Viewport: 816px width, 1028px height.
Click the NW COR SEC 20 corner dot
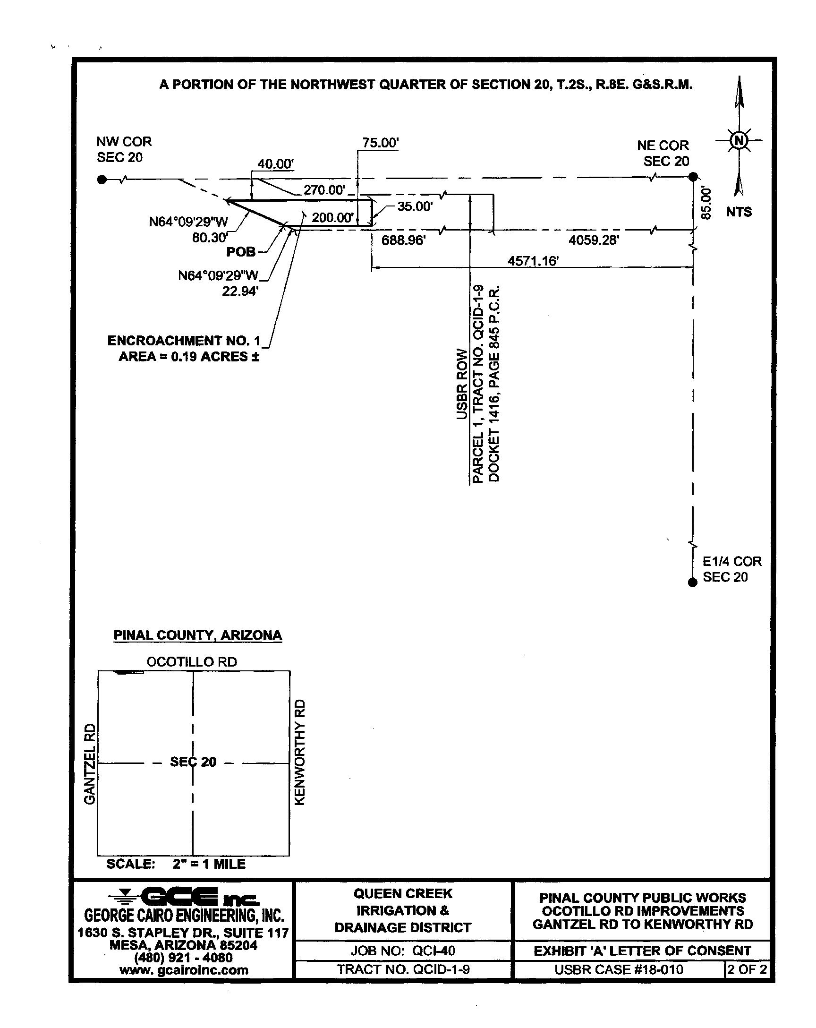(102, 180)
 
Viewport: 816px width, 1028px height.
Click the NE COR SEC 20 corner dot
(693, 177)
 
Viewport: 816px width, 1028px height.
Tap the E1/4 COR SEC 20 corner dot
(693, 582)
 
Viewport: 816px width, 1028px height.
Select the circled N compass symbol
(739, 140)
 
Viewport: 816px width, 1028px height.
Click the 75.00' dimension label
(380, 143)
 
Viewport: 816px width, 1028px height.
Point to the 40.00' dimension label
(275, 164)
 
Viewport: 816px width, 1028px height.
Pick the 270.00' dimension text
(324, 190)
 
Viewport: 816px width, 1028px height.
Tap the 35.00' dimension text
(415, 206)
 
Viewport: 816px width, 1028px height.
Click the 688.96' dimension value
(403, 240)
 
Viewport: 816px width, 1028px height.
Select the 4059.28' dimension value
(594, 240)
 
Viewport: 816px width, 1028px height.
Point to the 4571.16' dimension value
(533, 261)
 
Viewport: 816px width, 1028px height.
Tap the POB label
(241, 252)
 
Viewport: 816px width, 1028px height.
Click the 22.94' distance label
(240, 291)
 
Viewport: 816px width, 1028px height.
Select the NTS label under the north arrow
(739, 212)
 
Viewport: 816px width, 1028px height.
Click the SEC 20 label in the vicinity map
(193, 762)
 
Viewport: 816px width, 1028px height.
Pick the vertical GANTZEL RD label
(90, 763)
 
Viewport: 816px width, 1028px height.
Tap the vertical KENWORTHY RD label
(299, 753)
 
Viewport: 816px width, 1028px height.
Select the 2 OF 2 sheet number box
(747, 969)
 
